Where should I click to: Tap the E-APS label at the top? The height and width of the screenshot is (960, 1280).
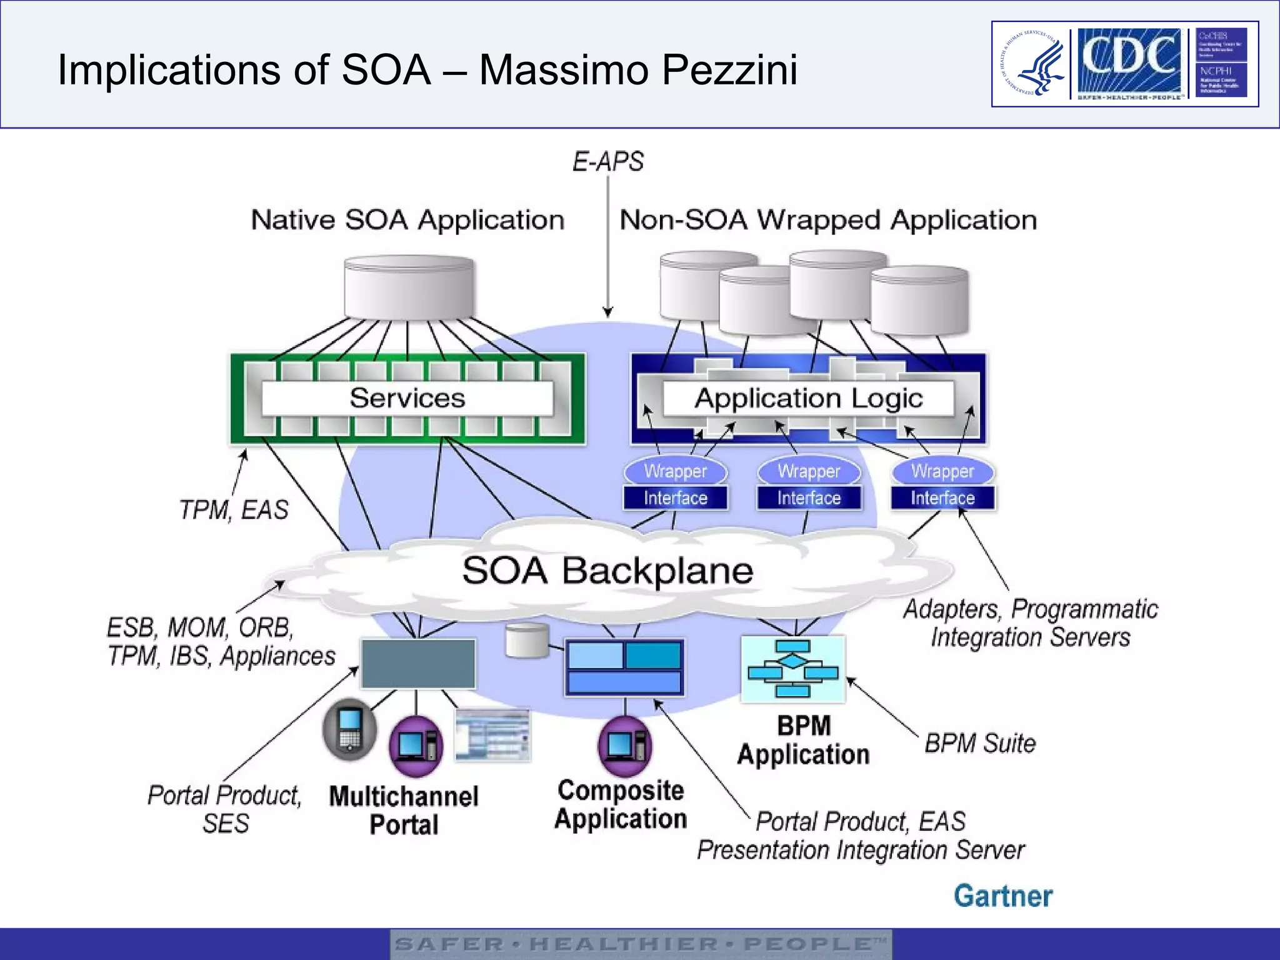point(607,162)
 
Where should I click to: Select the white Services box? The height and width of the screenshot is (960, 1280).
point(407,398)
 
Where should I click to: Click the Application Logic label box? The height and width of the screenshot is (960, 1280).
point(808,398)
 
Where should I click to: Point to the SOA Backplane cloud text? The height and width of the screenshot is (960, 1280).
point(607,571)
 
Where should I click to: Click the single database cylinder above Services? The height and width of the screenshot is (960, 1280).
point(409,287)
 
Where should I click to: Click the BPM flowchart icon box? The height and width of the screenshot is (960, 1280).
point(792,669)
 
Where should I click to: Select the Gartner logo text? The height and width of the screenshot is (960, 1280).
point(1002,896)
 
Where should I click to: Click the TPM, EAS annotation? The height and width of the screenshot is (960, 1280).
point(234,510)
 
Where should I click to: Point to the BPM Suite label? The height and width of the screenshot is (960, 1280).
point(979,744)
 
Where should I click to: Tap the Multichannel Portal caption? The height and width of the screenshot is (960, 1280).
point(404,811)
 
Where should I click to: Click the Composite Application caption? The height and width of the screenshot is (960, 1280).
point(621,804)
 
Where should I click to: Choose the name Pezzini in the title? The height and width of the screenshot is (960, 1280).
point(729,69)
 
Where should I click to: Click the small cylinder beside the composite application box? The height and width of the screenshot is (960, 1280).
point(527,641)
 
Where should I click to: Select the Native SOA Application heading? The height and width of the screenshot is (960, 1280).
point(407,220)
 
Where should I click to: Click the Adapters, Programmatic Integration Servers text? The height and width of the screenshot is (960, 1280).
point(1030,623)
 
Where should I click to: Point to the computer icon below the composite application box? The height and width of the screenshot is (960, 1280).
point(624,746)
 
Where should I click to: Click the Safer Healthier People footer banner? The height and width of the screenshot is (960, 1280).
point(641,944)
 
